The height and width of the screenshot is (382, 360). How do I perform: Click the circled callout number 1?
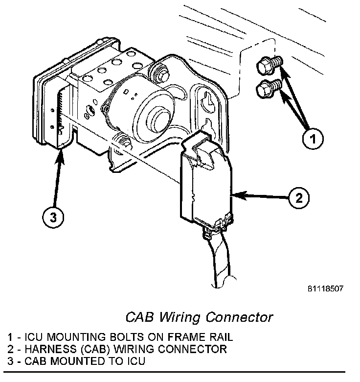pyautogui.click(x=312, y=139)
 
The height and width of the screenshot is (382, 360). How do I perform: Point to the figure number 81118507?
pyautogui.click(x=325, y=288)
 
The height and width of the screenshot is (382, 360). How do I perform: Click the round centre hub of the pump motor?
pyautogui.click(x=157, y=120)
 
